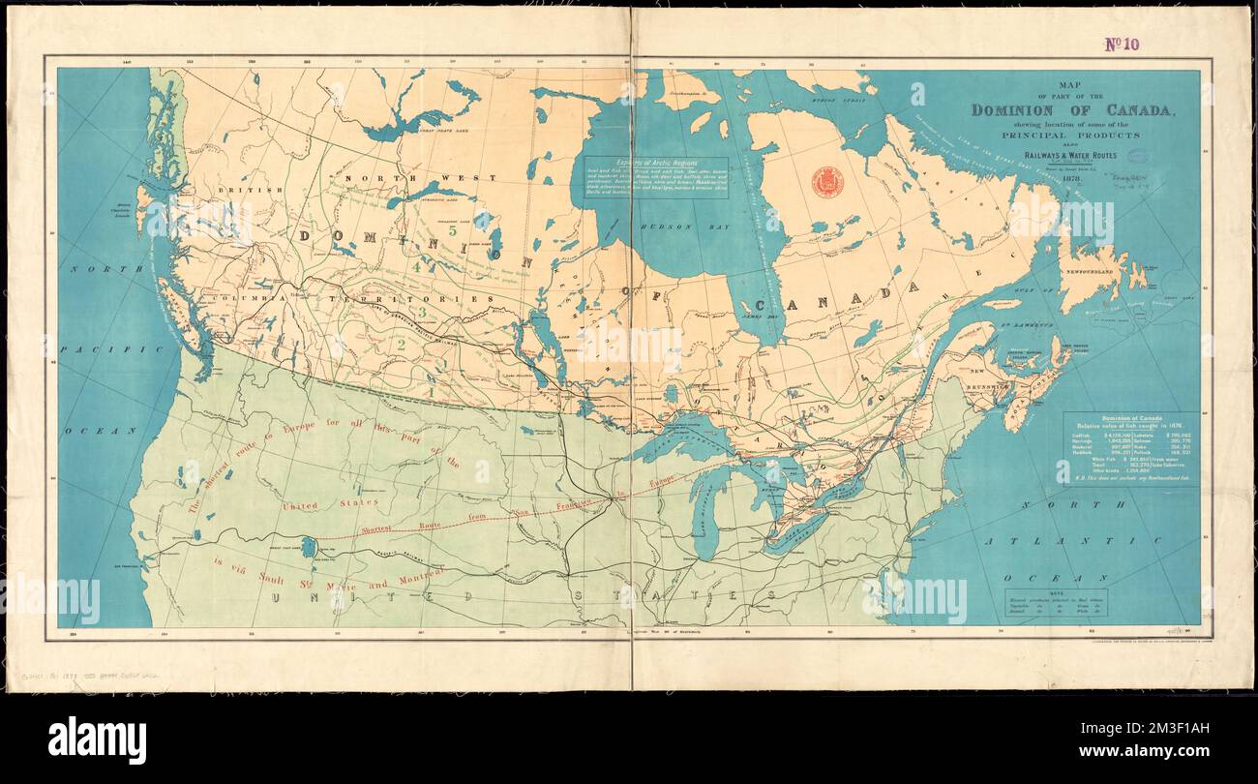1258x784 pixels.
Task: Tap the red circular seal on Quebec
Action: click(x=826, y=181)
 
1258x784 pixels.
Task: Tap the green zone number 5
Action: click(x=452, y=230)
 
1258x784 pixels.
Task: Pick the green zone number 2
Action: click(x=401, y=343)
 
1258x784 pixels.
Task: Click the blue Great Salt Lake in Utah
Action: click(x=308, y=548)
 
